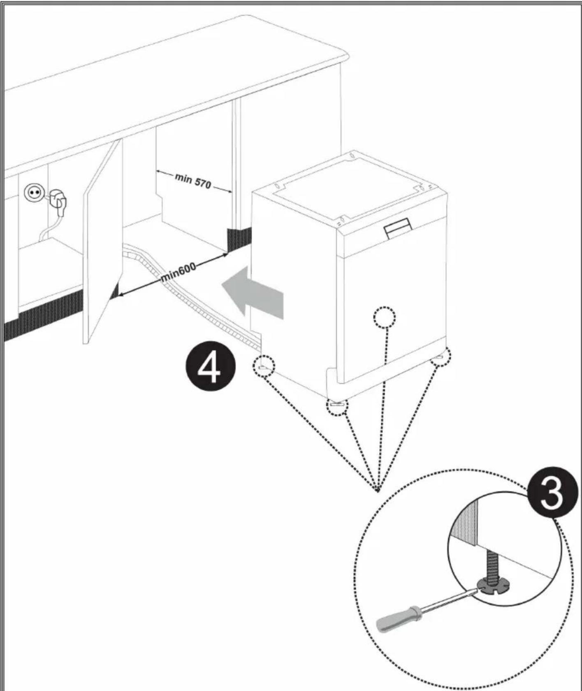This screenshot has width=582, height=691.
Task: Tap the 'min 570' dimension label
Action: pyautogui.click(x=193, y=181)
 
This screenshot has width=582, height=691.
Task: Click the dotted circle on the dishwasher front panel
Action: pyautogui.click(x=384, y=317)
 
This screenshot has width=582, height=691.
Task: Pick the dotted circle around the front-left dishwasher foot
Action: pyautogui.click(x=337, y=407)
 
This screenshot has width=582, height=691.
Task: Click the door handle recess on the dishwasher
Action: pyautogui.click(x=398, y=229)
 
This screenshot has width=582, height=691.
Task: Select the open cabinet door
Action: pyautogui.click(x=103, y=243)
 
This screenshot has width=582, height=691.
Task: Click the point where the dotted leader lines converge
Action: pyautogui.click(x=378, y=490)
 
